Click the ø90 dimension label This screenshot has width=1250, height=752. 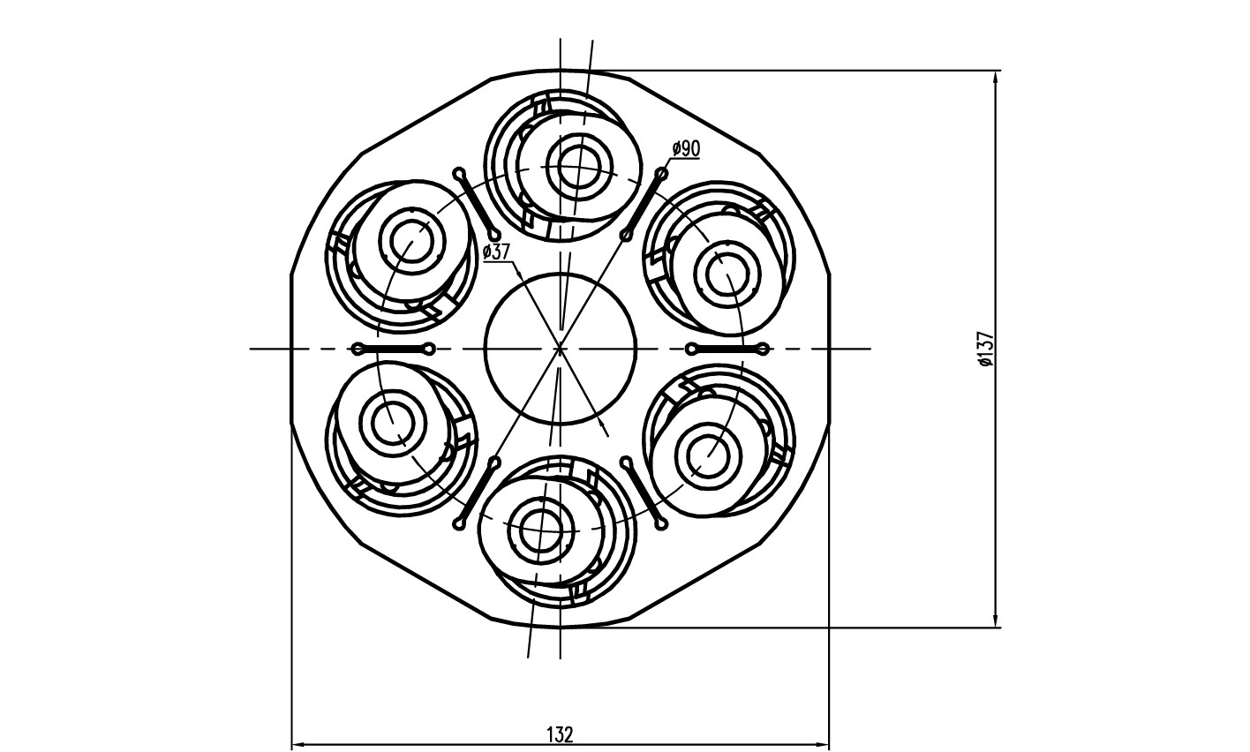pyautogui.click(x=686, y=149)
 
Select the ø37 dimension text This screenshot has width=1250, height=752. pyautogui.click(x=497, y=252)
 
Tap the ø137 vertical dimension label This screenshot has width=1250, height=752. pyautogui.click(x=986, y=349)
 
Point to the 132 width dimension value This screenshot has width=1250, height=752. pyautogui.click(x=561, y=734)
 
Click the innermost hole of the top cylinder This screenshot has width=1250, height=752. pyautogui.click(x=579, y=167)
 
